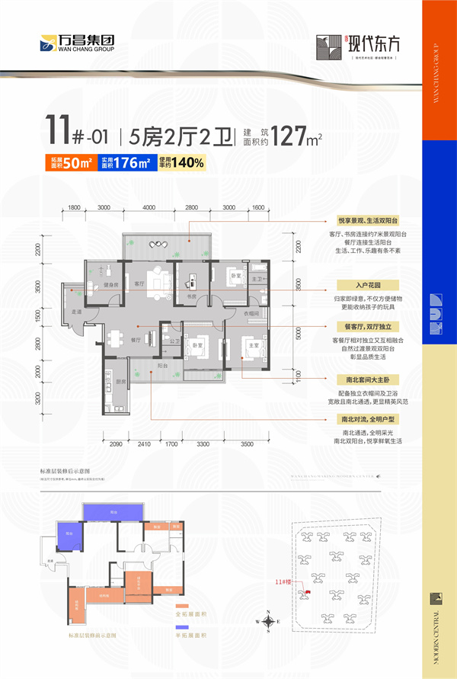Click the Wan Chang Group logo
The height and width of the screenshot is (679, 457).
[76, 43]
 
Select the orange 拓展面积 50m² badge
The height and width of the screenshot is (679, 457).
[72, 162]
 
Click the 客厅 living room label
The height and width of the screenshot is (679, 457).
[139, 283]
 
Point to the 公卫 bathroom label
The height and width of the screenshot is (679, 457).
[174, 341]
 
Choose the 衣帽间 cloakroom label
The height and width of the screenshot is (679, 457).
[252, 313]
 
